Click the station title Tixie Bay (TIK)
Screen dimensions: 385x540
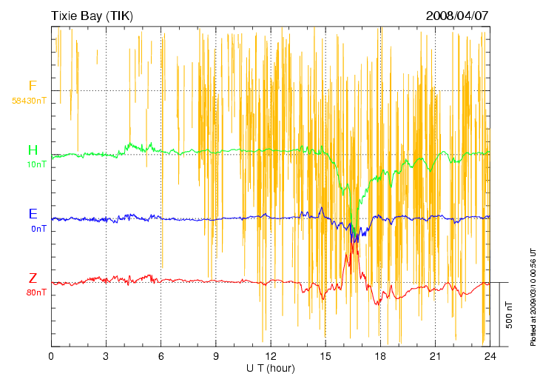(92, 15)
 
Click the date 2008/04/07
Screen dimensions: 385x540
(458, 15)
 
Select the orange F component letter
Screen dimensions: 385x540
(33, 86)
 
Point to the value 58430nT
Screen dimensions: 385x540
(30, 100)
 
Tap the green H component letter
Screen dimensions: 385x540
(33, 150)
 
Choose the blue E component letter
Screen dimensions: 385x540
(33, 214)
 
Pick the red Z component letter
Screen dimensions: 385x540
(33, 278)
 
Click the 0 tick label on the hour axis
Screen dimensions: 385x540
(51, 356)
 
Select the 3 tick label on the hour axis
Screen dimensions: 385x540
(106, 356)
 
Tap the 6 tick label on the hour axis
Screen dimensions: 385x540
(161, 356)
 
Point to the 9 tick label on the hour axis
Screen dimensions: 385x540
(216, 356)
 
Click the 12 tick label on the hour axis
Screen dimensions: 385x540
(271, 356)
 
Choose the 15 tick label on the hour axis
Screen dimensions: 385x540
(325, 356)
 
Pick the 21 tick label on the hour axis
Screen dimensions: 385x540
(436, 356)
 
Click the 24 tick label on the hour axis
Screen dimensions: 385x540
(490, 356)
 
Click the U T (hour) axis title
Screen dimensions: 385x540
(271, 368)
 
